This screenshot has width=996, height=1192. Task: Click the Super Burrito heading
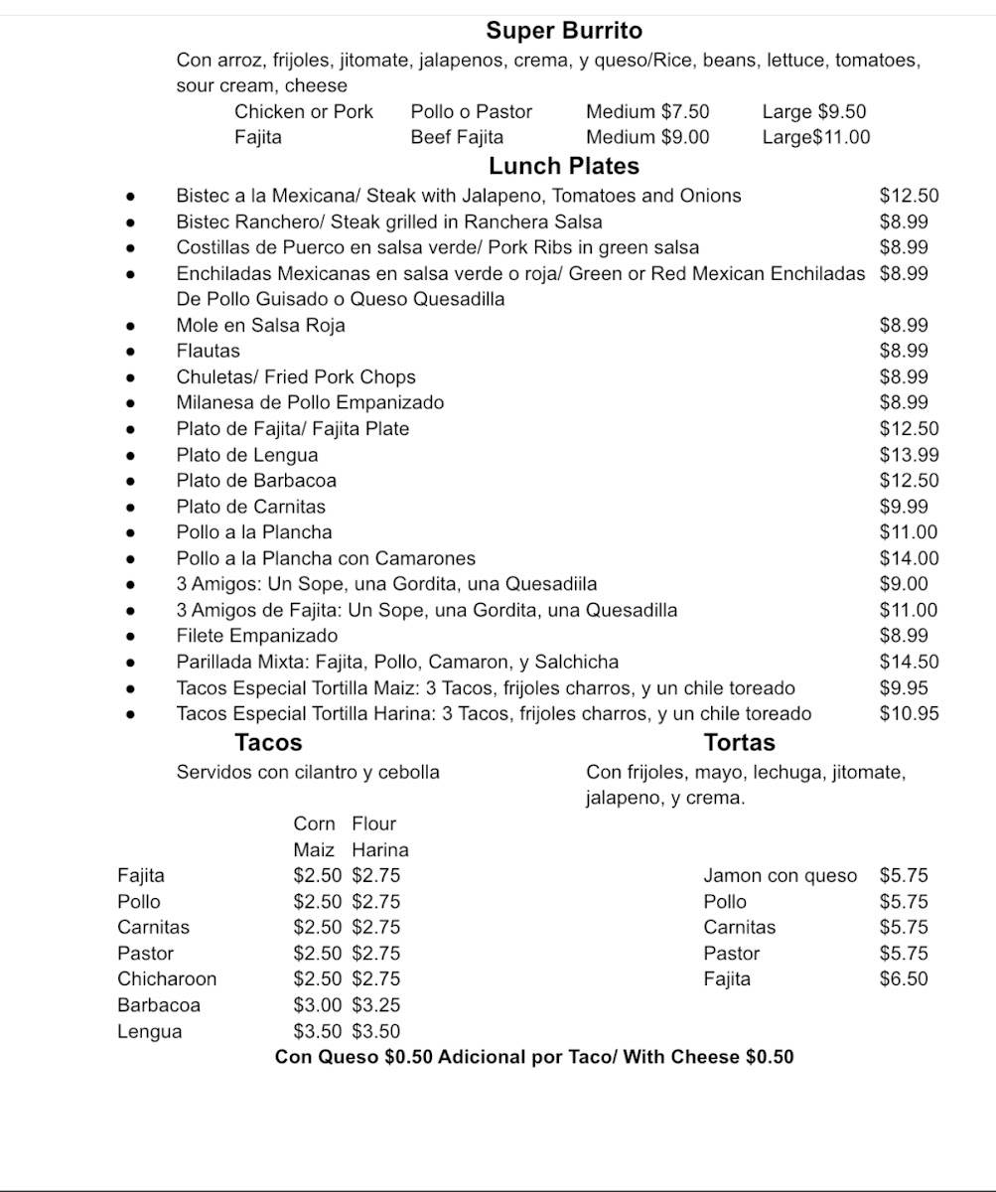pos(564,31)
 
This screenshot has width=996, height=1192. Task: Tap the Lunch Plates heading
pos(564,166)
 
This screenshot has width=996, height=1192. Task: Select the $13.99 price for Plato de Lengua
pos(909,455)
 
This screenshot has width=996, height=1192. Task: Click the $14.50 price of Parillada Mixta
pos(909,662)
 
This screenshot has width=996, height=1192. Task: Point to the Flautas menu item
pos(209,351)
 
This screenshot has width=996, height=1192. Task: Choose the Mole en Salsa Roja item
pos(261,325)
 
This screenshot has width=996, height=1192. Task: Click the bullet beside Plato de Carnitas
pos(130,507)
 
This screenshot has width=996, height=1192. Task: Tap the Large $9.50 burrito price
pos(813,111)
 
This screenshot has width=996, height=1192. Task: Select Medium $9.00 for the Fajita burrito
pos(647,137)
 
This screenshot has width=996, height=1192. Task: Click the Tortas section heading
pos(740,742)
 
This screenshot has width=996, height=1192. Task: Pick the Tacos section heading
pos(268,742)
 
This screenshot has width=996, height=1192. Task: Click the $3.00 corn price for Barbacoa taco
pos(317,1004)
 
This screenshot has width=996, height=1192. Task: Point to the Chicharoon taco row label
pos(167,978)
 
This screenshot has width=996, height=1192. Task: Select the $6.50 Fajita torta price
pos(904,978)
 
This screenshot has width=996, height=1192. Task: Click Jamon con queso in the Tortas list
pos(780,875)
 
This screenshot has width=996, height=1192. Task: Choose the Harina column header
pos(379,850)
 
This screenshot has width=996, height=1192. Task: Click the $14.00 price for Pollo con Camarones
pos(909,558)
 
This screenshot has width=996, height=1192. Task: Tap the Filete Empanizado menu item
pos(257,636)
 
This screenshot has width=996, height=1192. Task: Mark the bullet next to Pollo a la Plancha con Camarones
pos(130,558)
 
